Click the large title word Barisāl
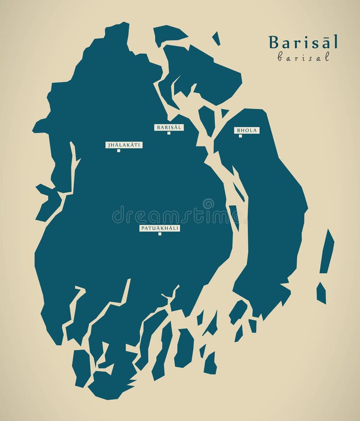point(303,42)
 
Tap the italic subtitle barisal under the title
point(303,57)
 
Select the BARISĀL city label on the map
point(169,127)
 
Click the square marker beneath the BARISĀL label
point(169,133)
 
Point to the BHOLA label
point(247,130)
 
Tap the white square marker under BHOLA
point(240,136)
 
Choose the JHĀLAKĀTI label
point(124,145)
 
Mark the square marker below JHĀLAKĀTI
point(119,151)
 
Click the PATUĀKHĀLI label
point(159,228)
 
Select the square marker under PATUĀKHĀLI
point(159,234)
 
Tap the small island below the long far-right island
point(321,293)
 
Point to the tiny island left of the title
point(216,38)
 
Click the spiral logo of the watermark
point(208,204)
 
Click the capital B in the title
point(273,43)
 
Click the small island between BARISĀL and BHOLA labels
point(206,119)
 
